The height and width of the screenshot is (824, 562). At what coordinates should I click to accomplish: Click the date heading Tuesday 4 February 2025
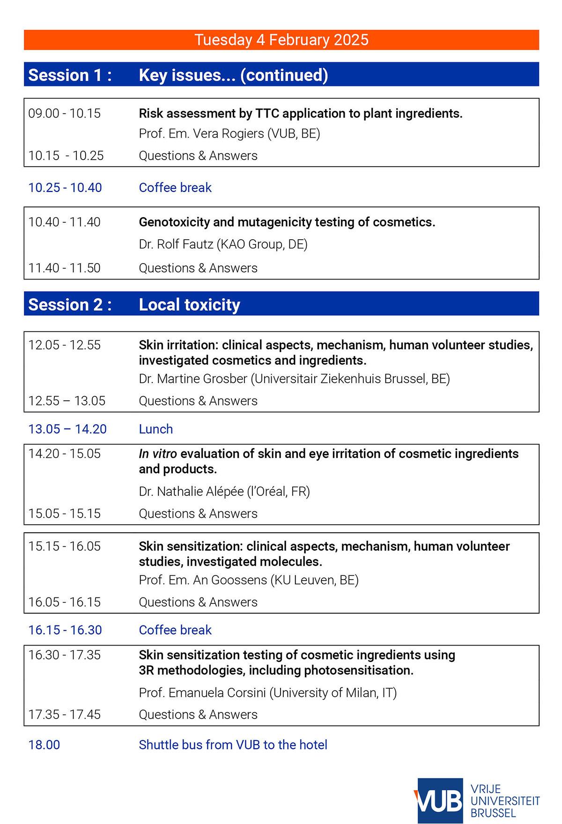pyautogui.click(x=281, y=40)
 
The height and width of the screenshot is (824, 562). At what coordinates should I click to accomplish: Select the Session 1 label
pyautogui.click(x=70, y=75)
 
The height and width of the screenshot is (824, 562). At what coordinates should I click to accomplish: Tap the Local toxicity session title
pyautogui.click(x=189, y=305)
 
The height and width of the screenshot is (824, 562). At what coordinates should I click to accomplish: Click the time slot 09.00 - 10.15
pyautogui.click(x=64, y=113)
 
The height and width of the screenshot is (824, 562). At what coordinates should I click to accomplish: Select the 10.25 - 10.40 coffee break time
pyautogui.click(x=65, y=187)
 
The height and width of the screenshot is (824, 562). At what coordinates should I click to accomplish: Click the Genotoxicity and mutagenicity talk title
pyautogui.click(x=287, y=222)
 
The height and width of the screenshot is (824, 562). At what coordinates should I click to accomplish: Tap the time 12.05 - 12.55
pyautogui.click(x=64, y=345)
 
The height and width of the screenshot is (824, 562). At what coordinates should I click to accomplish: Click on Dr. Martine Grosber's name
pyautogui.click(x=193, y=378)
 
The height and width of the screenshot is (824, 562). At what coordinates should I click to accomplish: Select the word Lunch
pyautogui.click(x=155, y=429)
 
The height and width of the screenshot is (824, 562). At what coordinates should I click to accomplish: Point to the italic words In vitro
pyautogui.click(x=157, y=454)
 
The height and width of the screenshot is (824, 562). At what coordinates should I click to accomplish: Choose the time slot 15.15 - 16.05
pyautogui.click(x=64, y=546)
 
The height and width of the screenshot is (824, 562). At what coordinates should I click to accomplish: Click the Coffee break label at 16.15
pyautogui.click(x=175, y=630)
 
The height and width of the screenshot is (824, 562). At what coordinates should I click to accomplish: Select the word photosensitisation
pyautogui.click(x=358, y=670)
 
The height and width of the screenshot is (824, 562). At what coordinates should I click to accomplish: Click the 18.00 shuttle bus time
pyautogui.click(x=44, y=745)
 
